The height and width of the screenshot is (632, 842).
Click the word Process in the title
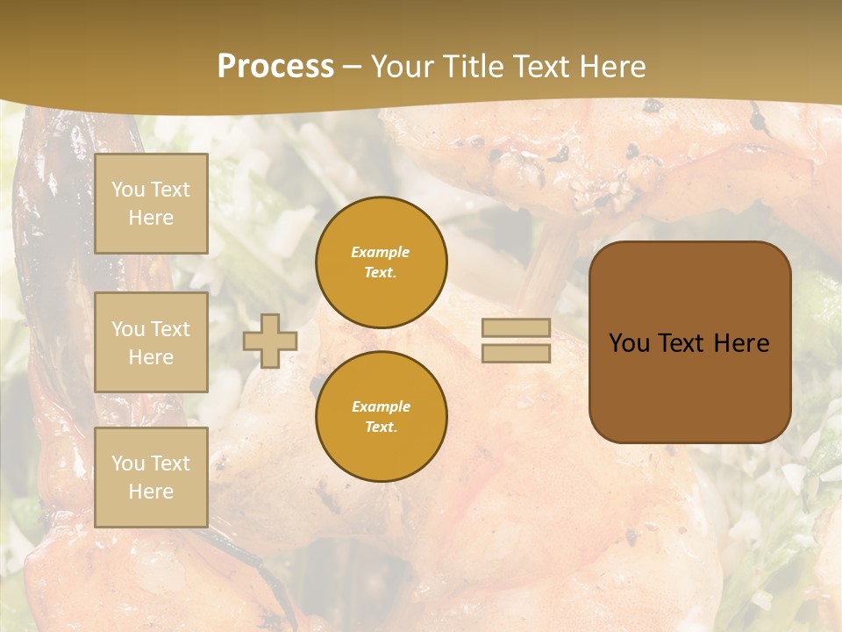(275, 67)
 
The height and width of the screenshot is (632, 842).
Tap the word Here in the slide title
(611, 67)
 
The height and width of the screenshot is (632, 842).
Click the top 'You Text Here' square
(151, 204)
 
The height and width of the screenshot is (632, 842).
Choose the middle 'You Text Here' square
(151, 342)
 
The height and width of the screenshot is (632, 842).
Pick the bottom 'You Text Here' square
(151, 477)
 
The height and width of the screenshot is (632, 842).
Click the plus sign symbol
(270, 341)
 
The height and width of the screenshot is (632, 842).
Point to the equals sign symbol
(517, 341)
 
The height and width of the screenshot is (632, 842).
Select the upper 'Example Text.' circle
(381, 262)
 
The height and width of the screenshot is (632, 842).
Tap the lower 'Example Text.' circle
(381, 416)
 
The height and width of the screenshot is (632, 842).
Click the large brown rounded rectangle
(689, 342)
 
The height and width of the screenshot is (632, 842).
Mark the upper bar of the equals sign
(517, 328)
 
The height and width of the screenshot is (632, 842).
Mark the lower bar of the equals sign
(517, 353)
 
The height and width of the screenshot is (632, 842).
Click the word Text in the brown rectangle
(683, 343)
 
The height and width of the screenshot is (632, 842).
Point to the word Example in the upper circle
(381, 253)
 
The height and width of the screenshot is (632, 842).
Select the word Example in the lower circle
(381, 406)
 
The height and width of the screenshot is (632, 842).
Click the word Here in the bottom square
(151, 492)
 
